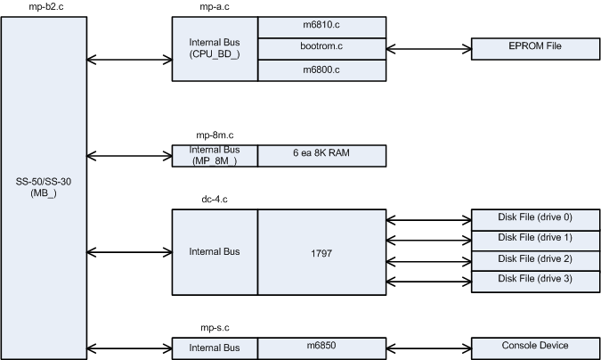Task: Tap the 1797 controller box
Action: coord(322,252)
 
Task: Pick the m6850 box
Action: coord(322,346)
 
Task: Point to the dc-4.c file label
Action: coord(215,201)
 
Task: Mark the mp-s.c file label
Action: coord(215,329)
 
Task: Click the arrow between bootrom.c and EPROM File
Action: coord(429,49)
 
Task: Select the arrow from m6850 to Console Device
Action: coord(429,347)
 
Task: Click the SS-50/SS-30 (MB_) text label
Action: coord(41,188)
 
